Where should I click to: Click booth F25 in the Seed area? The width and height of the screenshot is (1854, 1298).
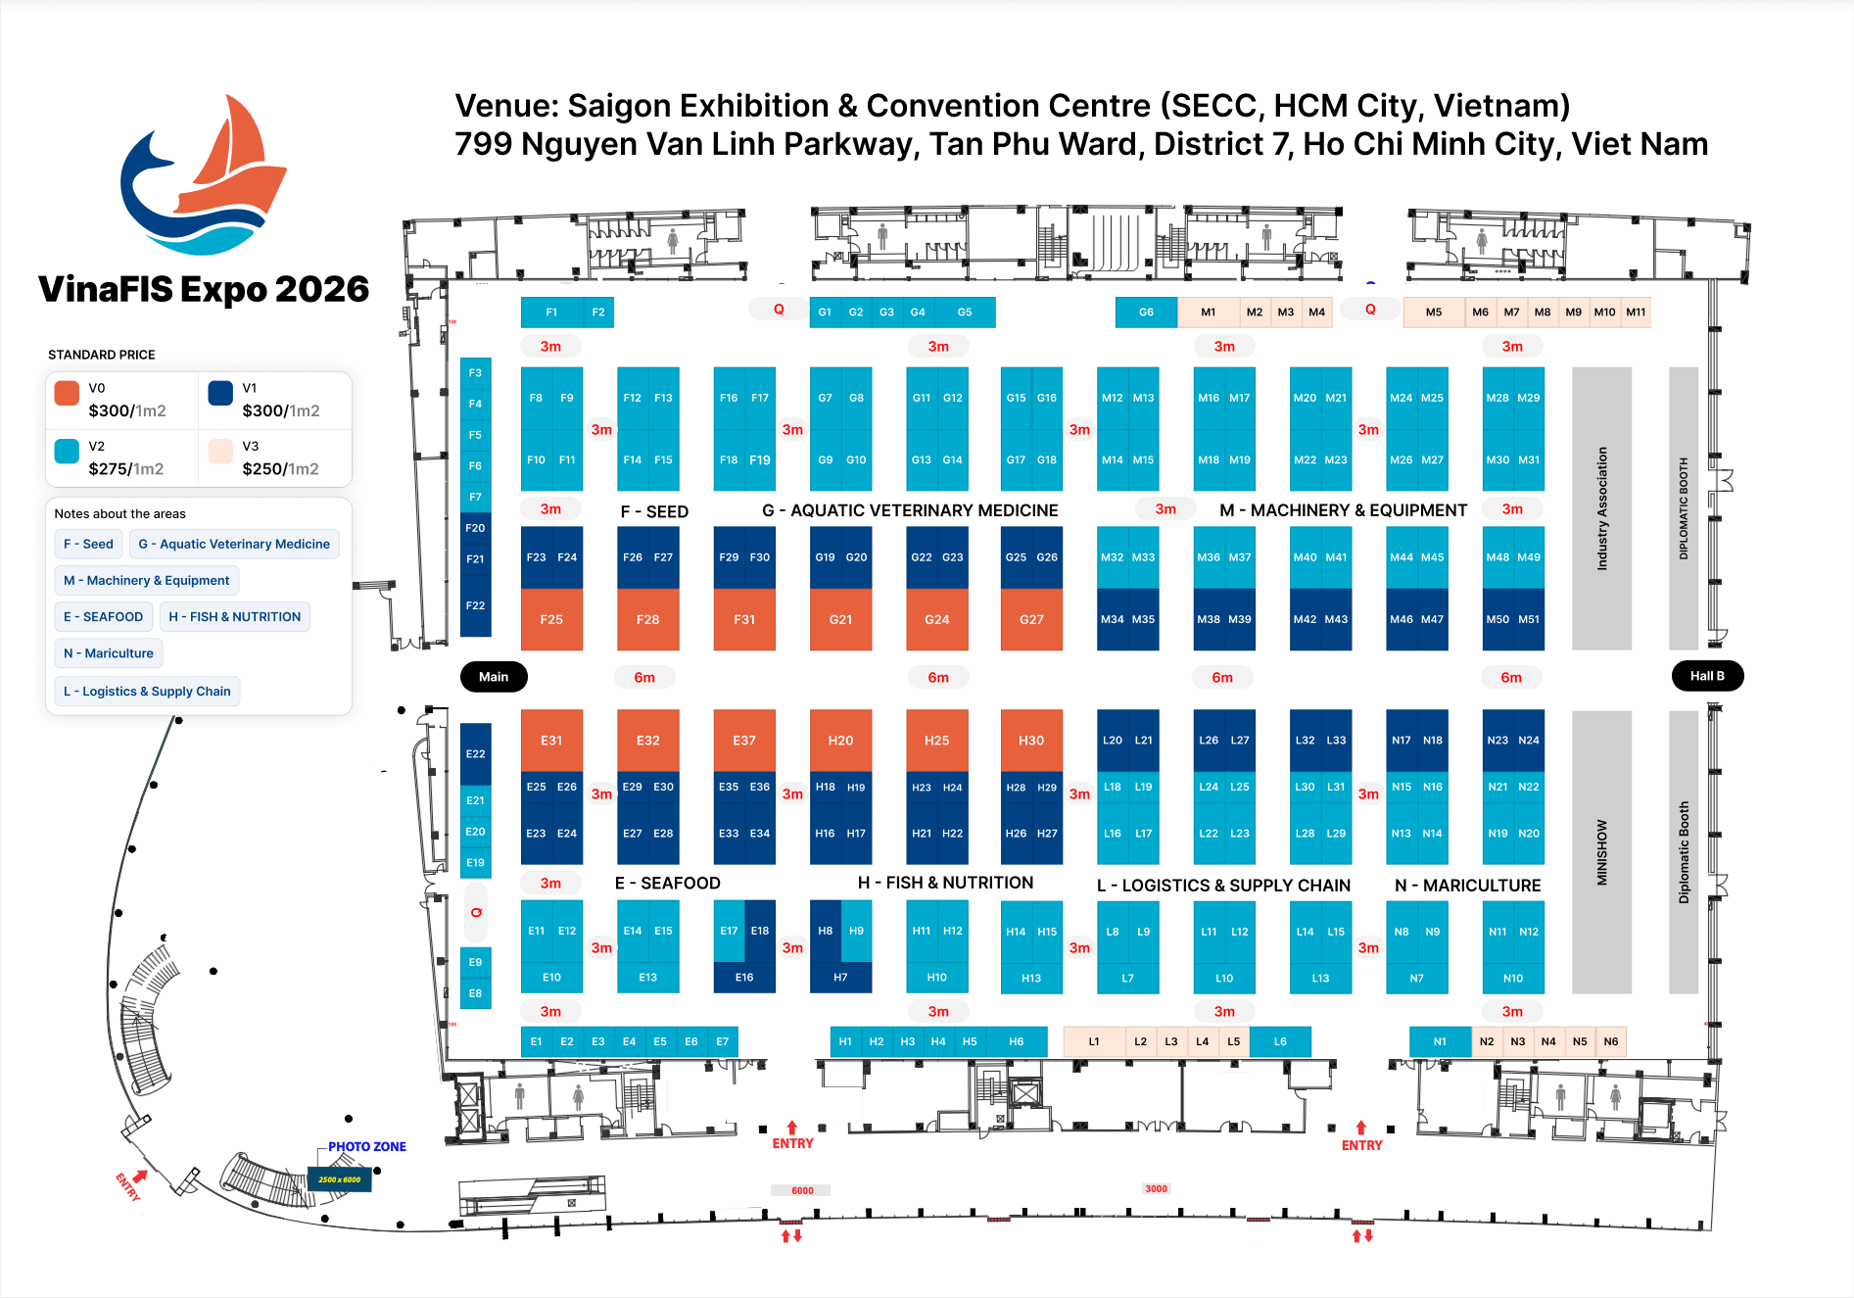(x=551, y=619)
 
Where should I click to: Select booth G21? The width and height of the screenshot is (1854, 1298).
(x=840, y=619)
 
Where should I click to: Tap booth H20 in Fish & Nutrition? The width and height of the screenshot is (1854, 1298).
(x=840, y=741)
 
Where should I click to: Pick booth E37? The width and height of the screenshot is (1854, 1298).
(x=744, y=741)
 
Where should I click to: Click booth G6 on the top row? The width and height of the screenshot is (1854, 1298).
(x=1146, y=312)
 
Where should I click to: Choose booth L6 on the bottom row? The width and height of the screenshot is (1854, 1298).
(x=1280, y=1041)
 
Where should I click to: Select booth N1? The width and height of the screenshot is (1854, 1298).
(x=1440, y=1041)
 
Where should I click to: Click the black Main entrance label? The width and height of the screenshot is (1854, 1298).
(x=494, y=677)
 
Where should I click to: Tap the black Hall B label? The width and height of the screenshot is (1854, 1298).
(x=1707, y=676)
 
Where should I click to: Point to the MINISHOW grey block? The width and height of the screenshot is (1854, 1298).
(x=1602, y=852)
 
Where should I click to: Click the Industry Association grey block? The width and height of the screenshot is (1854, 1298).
(x=1602, y=508)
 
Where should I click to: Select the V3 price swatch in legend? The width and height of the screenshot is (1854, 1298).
(x=220, y=451)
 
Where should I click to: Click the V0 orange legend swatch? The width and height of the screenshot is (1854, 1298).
(x=67, y=393)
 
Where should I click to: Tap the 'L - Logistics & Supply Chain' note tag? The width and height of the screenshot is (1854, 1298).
(x=147, y=692)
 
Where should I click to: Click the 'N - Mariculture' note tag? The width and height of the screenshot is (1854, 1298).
(x=109, y=653)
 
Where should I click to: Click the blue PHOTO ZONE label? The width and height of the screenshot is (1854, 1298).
(x=366, y=1146)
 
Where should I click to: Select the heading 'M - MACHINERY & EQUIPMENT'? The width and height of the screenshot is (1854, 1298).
(x=1343, y=510)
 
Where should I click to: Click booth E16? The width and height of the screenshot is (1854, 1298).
(x=744, y=978)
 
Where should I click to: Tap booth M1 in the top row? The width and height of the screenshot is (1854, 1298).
(x=1209, y=312)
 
